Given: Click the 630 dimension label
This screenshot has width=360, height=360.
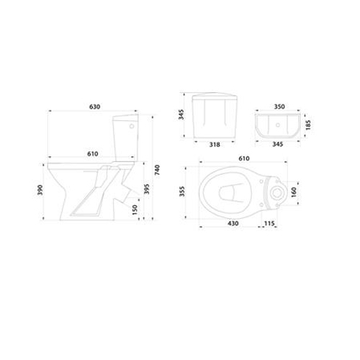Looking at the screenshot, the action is pos(95,107).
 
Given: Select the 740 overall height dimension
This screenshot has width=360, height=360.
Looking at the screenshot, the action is pos(157,170).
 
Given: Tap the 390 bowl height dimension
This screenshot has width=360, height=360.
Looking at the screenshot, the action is pos(40,190).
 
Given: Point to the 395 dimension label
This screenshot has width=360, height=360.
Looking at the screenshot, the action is pos(147,189).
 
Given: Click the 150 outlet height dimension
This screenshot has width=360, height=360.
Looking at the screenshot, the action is pos(135,210).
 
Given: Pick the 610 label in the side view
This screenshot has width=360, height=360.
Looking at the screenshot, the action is pos(93,153).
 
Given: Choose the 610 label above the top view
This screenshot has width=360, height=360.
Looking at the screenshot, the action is pos(244,158).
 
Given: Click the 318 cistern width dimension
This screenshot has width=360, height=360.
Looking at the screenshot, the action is pos(215,145).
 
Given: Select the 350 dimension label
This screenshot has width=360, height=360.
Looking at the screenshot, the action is pos(279,107).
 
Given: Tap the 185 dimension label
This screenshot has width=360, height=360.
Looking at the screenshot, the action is pos(308,125).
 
